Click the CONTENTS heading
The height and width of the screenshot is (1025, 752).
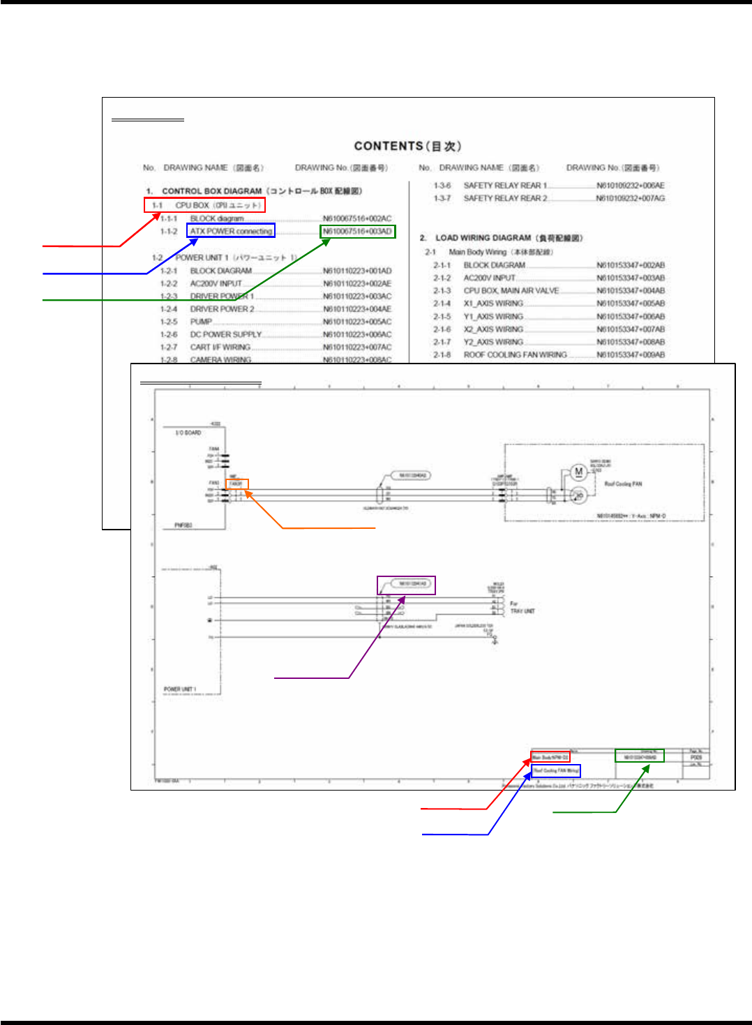[407, 146]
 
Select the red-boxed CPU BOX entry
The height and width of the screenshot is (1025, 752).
[204, 205]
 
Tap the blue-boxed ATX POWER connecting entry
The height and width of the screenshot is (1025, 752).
[231, 231]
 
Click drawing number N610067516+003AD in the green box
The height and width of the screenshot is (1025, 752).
[357, 232]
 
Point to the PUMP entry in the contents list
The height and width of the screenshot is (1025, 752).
[201, 322]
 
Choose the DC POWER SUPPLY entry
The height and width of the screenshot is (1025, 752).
[225, 334]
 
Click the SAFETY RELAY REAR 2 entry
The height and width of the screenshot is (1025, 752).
[505, 198]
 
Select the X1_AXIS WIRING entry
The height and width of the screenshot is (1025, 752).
[493, 304]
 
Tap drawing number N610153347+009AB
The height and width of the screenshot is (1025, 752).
[631, 354]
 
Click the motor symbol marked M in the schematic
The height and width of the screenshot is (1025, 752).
[578, 472]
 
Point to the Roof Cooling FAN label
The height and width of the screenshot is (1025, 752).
[623, 484]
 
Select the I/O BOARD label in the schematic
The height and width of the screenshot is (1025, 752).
[188, 433]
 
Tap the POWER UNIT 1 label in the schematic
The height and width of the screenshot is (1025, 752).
[180, 689]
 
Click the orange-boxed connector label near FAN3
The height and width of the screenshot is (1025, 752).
[236, 484]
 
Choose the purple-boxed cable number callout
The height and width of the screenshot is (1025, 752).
[407, 584]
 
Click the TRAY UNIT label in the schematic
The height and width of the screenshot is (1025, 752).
[522, 611]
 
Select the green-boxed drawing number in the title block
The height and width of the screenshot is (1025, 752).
[639, 756]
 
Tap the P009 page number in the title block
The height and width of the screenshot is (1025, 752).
[695, 757]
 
